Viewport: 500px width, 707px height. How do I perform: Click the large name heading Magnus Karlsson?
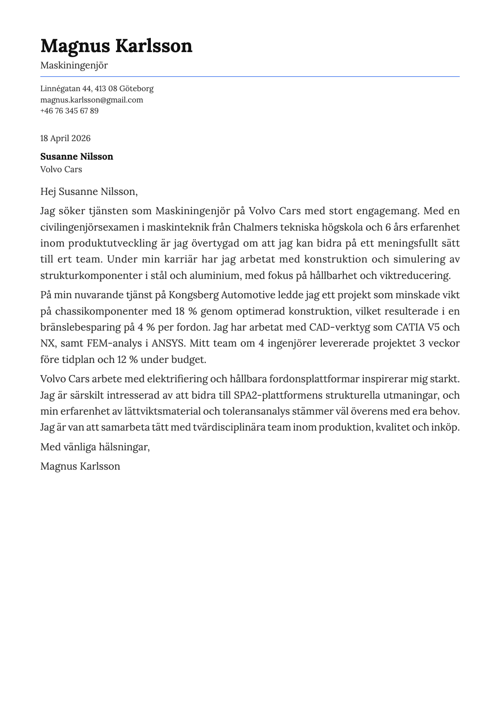click(x=116, y=46)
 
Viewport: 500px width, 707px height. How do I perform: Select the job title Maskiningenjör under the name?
click(x=74, y=66)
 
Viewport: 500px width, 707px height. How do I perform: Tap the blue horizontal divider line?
click(x=250, y=76)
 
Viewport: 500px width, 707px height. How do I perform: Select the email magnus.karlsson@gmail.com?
click(x=92, y=100)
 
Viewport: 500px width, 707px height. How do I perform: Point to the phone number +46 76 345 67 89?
click(x=69, y=111)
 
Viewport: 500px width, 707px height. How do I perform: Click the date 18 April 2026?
click(x=65, y=138)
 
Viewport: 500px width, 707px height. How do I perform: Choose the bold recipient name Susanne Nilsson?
click(x=76, y=157)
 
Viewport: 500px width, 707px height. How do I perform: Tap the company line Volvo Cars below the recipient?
click(x=61, y=169)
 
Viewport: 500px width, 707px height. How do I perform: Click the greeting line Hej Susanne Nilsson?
click(x=89, y=192)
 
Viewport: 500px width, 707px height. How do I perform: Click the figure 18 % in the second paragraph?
click(x=186, y=311)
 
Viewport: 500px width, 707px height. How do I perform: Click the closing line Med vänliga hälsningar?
click(x=95, y=447)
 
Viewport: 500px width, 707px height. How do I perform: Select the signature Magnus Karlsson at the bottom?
click(x=80, y=466)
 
